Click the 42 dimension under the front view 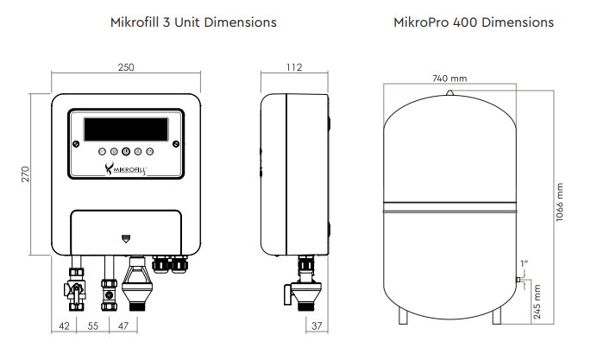click(64, 325)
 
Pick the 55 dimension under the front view click(92, 325)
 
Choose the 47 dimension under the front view click(123, 325)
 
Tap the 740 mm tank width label click(449, 79)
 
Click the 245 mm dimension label click(538, 302)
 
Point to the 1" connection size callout click(524, 262)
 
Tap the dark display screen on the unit click(126, 129)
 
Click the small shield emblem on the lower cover click(126, 235)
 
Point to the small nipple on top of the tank click(449, 88)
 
